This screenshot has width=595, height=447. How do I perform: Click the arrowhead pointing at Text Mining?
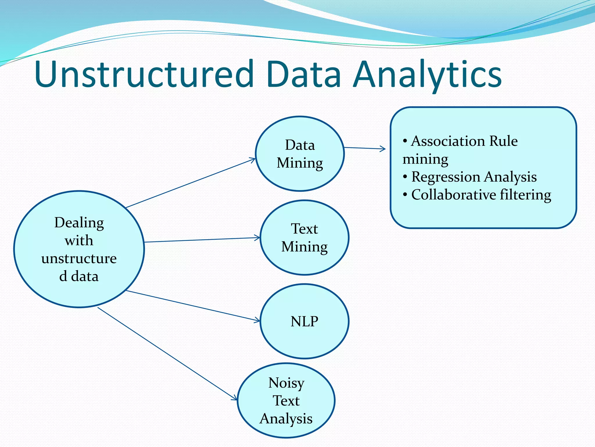pos(257,238)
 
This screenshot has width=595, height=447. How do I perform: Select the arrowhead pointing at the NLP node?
pos(257,320)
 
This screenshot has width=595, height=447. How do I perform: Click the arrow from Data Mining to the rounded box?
pos(365,148)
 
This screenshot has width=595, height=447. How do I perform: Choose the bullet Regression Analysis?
pos(474,177)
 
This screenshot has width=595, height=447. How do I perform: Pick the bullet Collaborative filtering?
pos(481,194)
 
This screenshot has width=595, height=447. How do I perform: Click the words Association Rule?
pos(464,141)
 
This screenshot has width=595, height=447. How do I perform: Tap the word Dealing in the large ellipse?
pos(79,223)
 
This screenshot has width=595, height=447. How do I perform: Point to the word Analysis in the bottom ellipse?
pos(286,419)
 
